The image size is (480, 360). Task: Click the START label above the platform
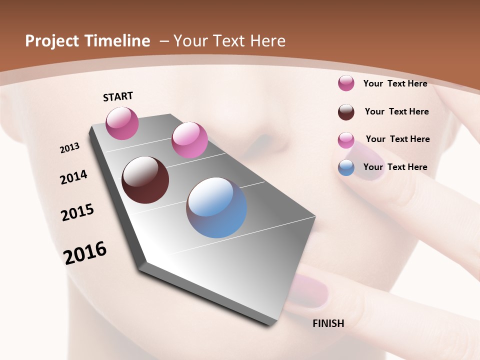(x=118, y=96)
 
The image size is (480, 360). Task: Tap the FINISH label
(x=328, y=323)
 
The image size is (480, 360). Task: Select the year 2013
(x=69, y=147)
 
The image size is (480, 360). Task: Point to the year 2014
(x=73, y=177)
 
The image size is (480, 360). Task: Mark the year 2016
(x=85, y=252)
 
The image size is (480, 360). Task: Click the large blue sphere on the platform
(x=216, y=207)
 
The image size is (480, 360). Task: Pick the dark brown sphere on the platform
(x=145, y=180)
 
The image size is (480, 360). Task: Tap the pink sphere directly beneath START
(x=122, y=123)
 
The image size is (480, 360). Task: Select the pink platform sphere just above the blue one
(x=189, y=139)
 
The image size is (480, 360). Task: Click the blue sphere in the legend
(x=346, y=167)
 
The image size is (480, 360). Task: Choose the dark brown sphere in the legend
(x=346, y=112)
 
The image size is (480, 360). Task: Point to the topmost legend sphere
(x=346, y=83)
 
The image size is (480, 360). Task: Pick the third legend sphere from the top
(x=346, y=140)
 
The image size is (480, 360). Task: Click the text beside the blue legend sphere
(x=395, y=167)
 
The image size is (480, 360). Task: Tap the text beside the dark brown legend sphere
(x=396, y=111)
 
